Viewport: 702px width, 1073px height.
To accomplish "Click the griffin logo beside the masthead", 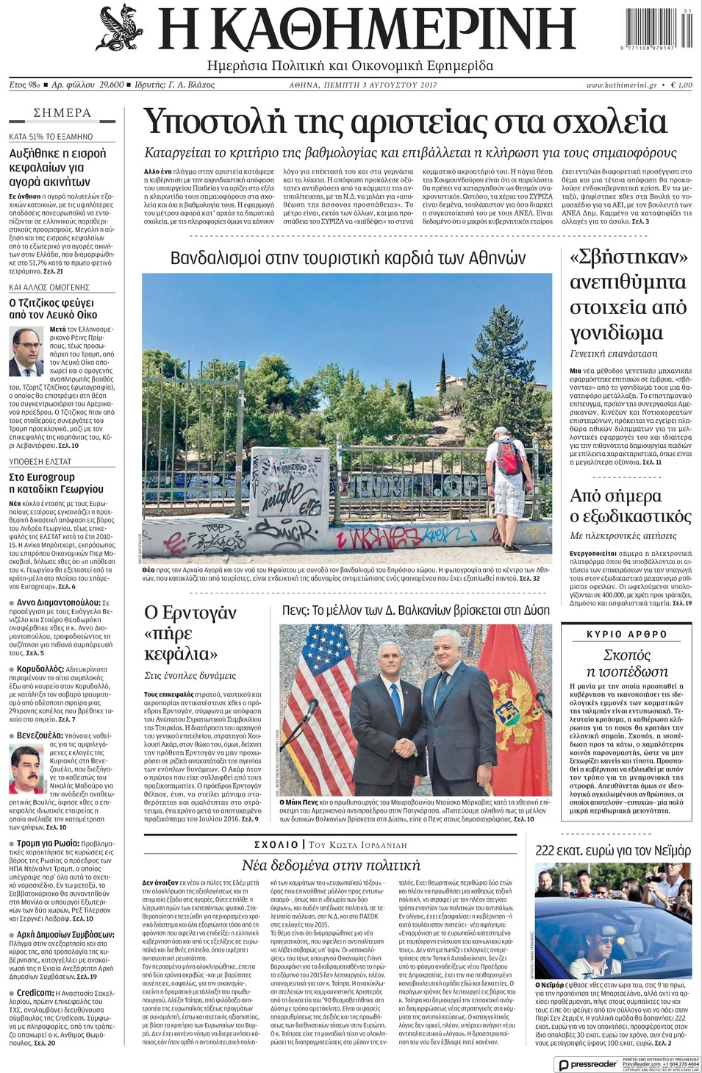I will click(121, 29).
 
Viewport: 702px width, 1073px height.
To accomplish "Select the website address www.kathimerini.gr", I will click(622, 85).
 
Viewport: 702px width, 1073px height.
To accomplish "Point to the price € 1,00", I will click(681, 85).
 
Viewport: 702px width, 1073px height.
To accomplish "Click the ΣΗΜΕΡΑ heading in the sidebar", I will click(62, 113).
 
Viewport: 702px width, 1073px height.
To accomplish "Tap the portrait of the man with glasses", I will click(26, 352).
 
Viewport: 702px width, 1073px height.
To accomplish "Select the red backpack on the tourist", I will click(509, 457).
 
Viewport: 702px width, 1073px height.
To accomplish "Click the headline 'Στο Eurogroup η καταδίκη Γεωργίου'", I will click(57, 483).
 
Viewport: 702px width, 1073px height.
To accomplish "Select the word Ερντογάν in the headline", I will click(190, 613).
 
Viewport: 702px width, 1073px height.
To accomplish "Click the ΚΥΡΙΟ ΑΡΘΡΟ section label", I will click(626, 634).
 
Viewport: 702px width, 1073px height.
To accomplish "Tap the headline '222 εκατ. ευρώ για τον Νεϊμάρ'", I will click(612, 851).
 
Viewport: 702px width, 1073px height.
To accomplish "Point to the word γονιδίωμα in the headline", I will click(617, 333).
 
